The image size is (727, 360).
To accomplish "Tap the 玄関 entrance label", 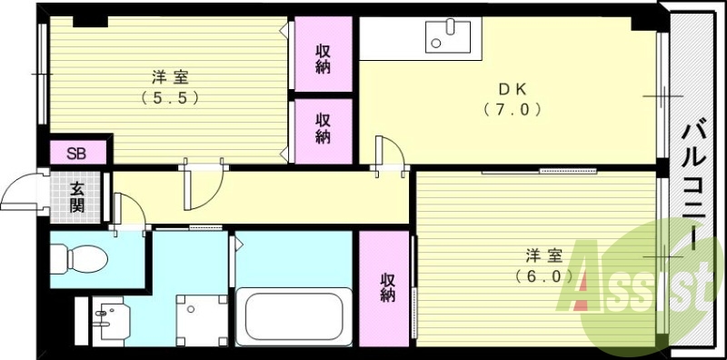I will point(79,196).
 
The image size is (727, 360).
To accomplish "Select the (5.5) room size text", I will point(170,97).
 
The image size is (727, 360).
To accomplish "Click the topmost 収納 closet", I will point(323,55).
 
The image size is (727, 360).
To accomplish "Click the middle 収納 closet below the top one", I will point(323,128).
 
